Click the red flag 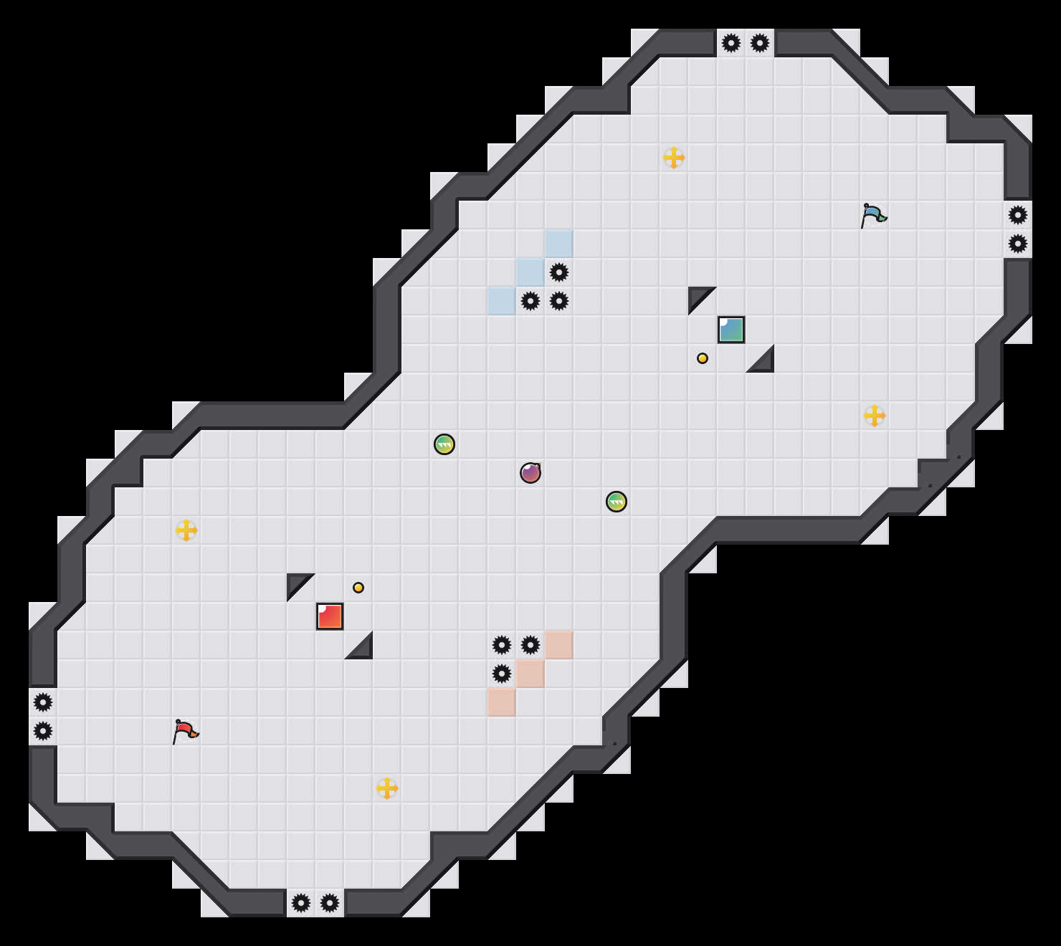(185, 730)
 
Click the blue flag (873, 214)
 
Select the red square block (330, 616)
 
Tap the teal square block (731, 330)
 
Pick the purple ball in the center (530, 473)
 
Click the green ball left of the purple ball (444, 444)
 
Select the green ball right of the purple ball (617, 502)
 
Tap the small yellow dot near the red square (358, 588)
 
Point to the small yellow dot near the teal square (703, 358)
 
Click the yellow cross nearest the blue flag (875, 416)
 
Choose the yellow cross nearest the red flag (186, 530)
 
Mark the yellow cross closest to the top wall (674, 158)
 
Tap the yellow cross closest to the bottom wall (387, 788)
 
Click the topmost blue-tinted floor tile (559, 244)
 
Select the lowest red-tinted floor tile (502, 702)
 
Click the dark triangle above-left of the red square (296, 583)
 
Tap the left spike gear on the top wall (731, 43)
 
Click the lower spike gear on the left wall (43, 731)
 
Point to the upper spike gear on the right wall (1018, 215)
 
